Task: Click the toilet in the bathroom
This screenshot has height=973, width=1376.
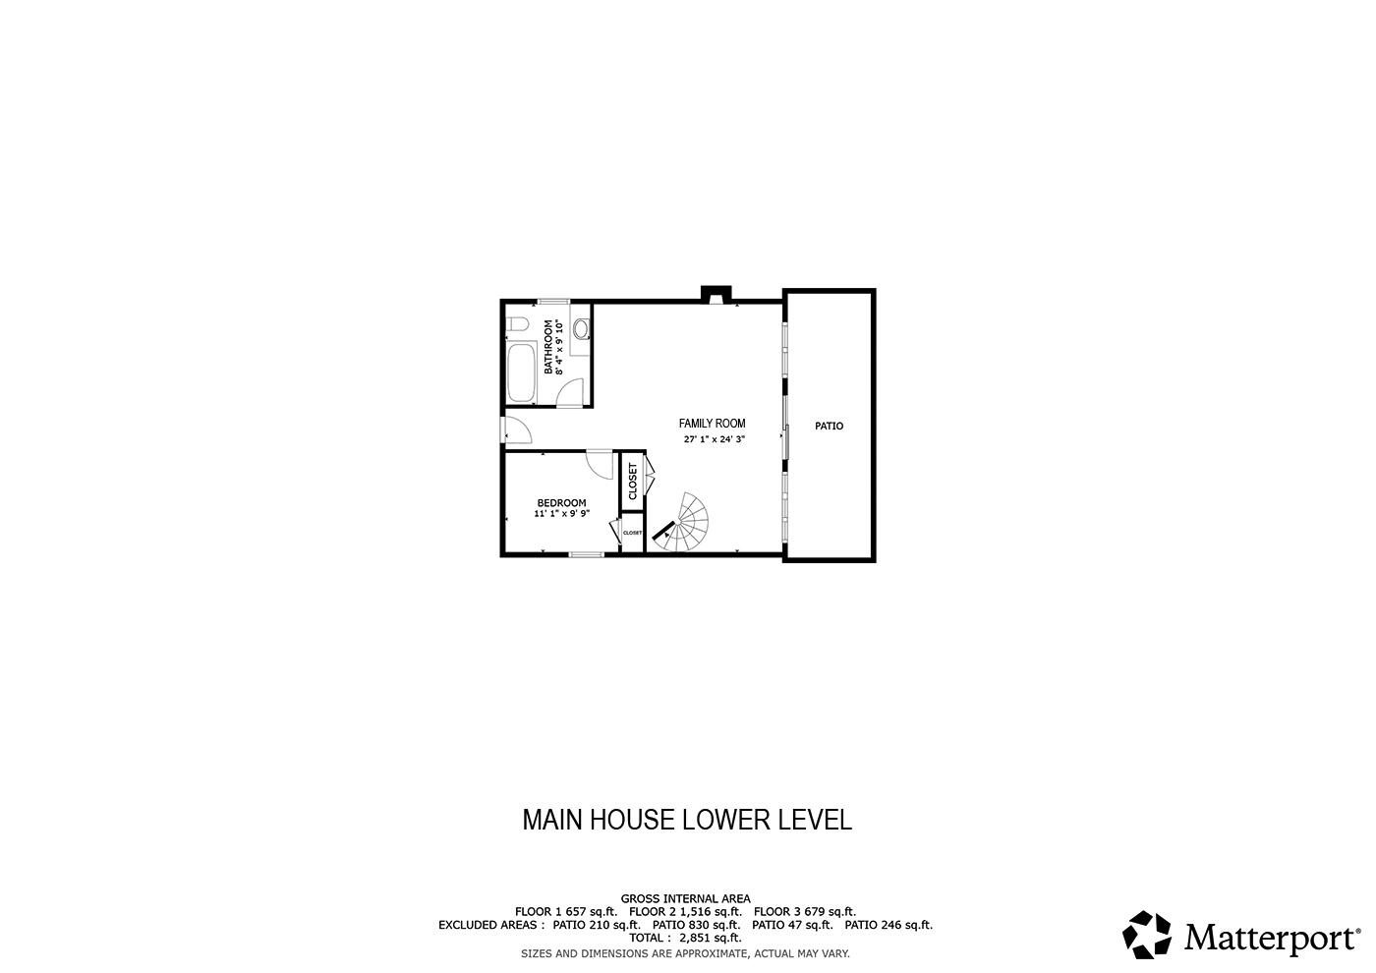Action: coord(517,326)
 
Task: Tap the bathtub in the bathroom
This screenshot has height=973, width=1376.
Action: coord(522,372)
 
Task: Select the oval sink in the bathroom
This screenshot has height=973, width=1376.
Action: coord(581,329)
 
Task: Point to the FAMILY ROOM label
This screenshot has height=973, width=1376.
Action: coord(712,424)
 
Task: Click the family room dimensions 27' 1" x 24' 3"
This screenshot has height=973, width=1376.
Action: coord(714,439)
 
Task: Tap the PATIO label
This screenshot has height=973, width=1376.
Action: coord(829,426)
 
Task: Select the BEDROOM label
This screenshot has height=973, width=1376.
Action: coord(561,502)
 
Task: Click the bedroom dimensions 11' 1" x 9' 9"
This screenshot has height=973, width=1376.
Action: coord(561,513)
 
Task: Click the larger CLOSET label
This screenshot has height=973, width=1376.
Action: coord(633,481)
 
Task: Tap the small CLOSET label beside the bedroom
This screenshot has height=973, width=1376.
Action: coord(632,533)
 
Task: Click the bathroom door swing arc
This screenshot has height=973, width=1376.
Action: coord(569,392)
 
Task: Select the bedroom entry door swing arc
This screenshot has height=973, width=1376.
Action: coord(600,465)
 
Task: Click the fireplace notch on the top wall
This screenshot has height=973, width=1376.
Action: coord(717,295)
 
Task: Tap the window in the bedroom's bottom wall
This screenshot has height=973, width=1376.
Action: coord(586,554)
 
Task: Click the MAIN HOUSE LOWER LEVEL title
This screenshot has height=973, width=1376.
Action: coord(687,820)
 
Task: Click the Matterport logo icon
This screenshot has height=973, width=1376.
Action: coord(1147,935)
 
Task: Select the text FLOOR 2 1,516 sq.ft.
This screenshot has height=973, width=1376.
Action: coord(686,912)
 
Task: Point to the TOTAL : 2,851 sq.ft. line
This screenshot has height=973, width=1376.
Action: coord(686,938)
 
